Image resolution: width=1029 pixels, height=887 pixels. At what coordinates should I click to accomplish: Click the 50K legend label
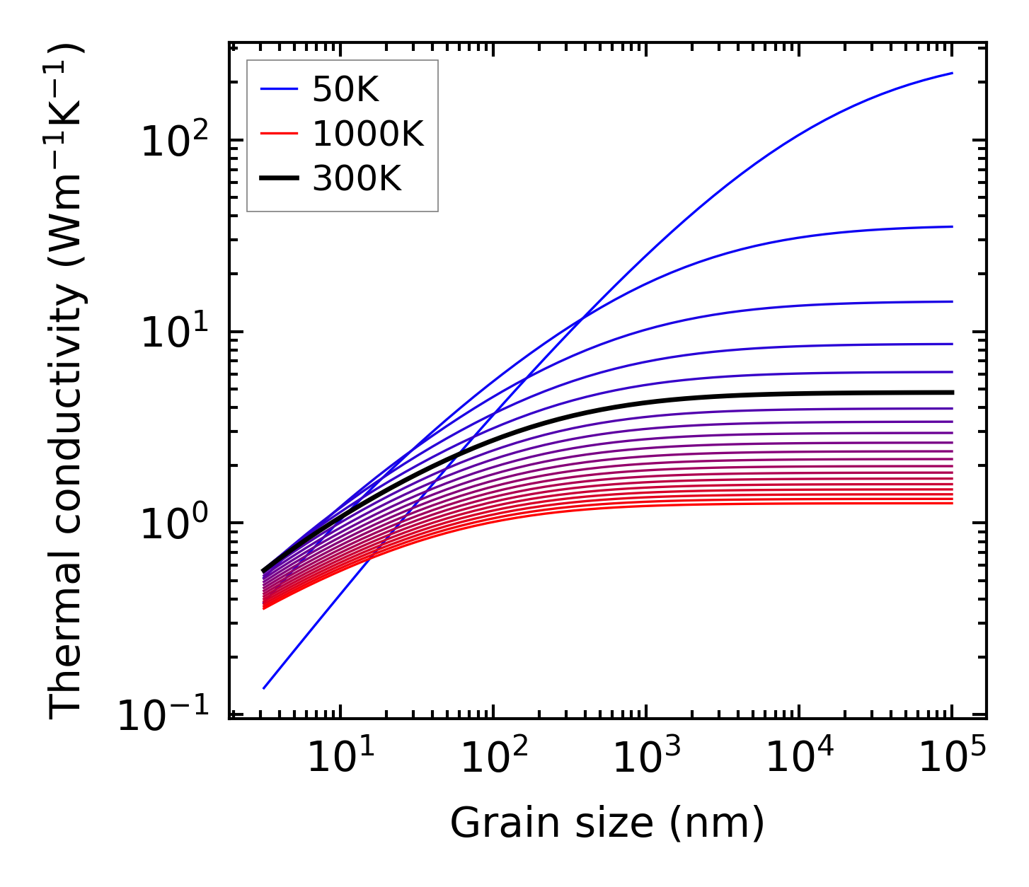coord(345,90)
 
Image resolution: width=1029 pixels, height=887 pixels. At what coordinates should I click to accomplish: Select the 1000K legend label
coord(368,134)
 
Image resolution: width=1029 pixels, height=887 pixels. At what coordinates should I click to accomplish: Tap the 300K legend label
coord(357,179)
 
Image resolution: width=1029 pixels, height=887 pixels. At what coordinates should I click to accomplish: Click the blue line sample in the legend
coord(281,90)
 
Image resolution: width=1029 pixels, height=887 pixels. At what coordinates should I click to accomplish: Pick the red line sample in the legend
coord(281,134)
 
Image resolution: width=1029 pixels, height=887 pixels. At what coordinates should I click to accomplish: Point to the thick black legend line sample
coord(281,179)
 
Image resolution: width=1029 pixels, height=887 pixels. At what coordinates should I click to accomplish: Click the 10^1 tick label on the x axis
coord(340,758)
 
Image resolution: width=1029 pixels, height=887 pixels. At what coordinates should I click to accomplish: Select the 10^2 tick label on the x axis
coord(494,758)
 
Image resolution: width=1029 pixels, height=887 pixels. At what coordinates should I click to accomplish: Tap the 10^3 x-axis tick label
coord(647,758)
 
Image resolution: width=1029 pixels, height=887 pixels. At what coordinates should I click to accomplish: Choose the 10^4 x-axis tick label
coord(800,758)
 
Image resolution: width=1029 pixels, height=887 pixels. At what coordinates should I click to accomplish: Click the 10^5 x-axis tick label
coord(953,758)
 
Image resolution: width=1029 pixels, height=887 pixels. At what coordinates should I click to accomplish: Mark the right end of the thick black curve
coord(953,393)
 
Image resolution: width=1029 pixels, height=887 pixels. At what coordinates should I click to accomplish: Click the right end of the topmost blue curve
coord(953,73)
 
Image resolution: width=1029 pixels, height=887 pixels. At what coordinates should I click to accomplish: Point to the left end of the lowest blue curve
coord(263,688)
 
